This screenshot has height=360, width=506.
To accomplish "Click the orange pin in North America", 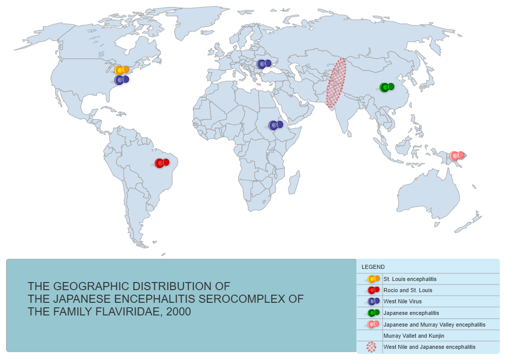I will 121,70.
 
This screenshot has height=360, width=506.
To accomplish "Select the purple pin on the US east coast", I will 121,79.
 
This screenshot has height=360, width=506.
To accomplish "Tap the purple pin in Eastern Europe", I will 264,64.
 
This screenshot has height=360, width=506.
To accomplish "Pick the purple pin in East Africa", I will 275,125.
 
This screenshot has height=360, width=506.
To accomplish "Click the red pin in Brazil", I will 161,163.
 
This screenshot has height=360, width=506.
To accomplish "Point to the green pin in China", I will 387,87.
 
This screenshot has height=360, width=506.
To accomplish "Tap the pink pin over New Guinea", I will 457,155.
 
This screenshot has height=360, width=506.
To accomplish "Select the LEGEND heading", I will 373,267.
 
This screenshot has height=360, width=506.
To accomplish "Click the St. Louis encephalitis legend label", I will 410,279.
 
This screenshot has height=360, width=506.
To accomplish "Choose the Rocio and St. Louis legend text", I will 408,290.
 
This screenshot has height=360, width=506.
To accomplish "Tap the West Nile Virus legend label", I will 402,301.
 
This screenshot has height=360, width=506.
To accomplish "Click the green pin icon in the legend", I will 373,313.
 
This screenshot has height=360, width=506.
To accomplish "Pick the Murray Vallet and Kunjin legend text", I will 414,336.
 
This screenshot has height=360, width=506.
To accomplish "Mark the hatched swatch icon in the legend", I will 371,347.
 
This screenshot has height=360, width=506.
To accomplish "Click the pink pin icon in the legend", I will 373,324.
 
